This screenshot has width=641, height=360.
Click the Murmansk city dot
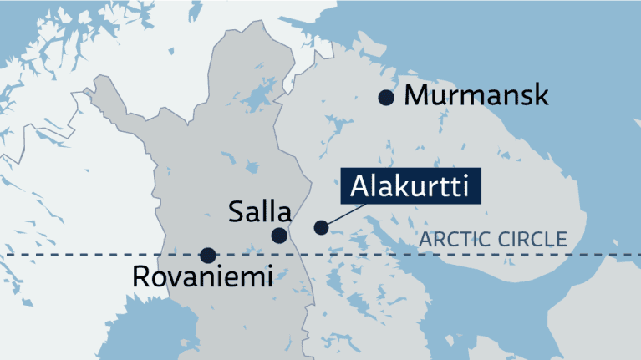(x=385, y=98)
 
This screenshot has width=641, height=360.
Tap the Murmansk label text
(x=476, y=95)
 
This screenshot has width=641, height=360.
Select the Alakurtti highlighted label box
(x=411, y=186)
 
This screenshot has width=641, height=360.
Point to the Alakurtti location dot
(x=320, y=227)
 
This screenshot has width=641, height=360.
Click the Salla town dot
(x=279, y=236)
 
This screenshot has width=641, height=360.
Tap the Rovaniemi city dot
(x=207, y=255)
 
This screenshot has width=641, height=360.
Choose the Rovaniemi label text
(x=203, y=277)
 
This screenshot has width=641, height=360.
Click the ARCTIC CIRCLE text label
(x=493, y=241)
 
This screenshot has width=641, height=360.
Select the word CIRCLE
(x=532, y=241)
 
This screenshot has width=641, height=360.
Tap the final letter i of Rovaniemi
(x=269, y=277)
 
